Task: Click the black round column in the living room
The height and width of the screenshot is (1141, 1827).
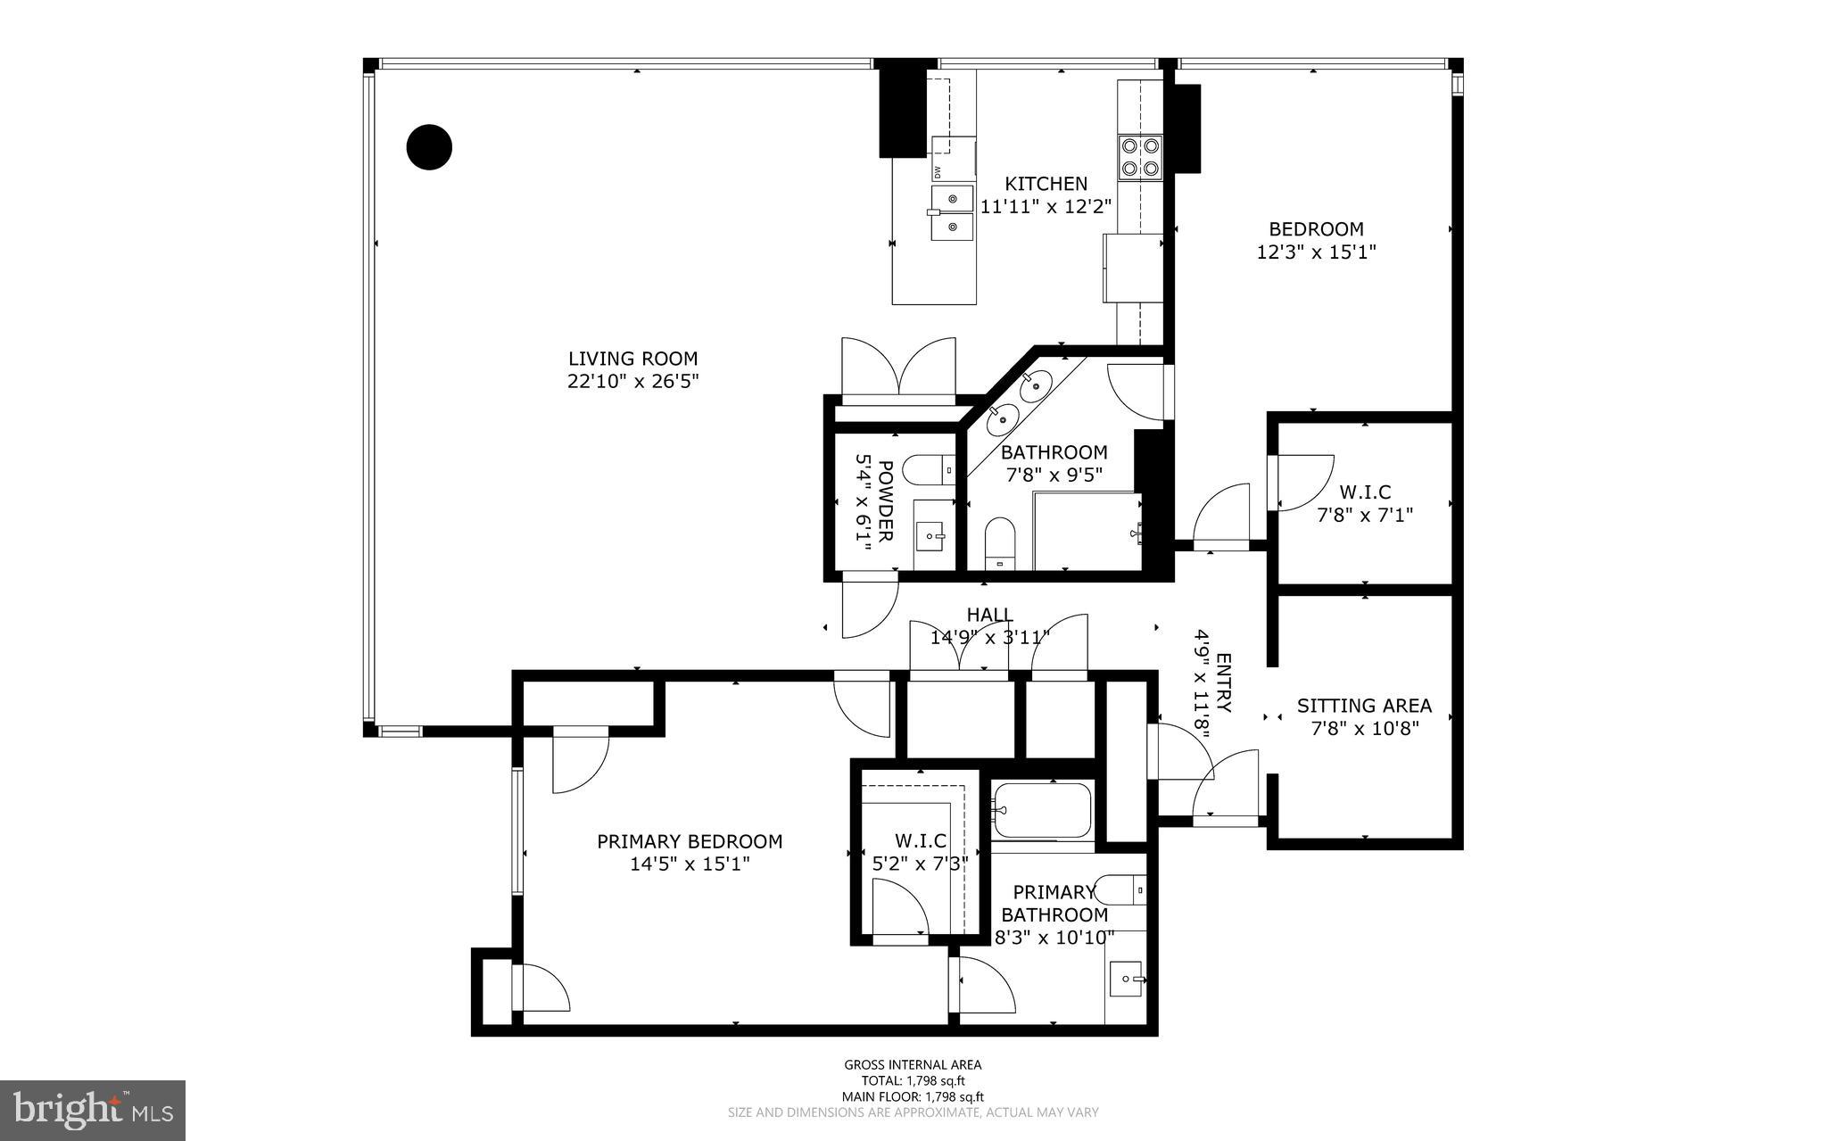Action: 429,146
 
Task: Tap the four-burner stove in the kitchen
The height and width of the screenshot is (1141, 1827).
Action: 1140,156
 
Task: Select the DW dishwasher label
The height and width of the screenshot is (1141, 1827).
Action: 938,171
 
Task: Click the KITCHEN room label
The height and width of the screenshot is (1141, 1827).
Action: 1046,184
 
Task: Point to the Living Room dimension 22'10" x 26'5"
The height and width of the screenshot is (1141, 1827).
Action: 632,382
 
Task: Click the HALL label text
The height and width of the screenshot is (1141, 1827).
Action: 989,615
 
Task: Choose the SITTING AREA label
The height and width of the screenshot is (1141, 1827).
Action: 1364,706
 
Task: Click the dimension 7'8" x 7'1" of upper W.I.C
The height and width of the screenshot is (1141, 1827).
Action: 1365,515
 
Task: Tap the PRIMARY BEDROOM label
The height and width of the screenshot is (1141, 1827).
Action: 689,841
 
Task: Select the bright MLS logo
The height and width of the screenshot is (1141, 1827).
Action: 93,1110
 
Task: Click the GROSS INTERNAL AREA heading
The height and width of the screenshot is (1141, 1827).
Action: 913,1064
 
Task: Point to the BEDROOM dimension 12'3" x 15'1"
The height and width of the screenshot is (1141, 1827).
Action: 1316,252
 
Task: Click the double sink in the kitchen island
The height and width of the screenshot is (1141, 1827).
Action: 952,213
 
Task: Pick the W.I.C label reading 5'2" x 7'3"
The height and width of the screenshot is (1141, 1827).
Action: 920,852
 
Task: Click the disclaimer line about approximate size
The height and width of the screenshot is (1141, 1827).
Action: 913,1112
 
